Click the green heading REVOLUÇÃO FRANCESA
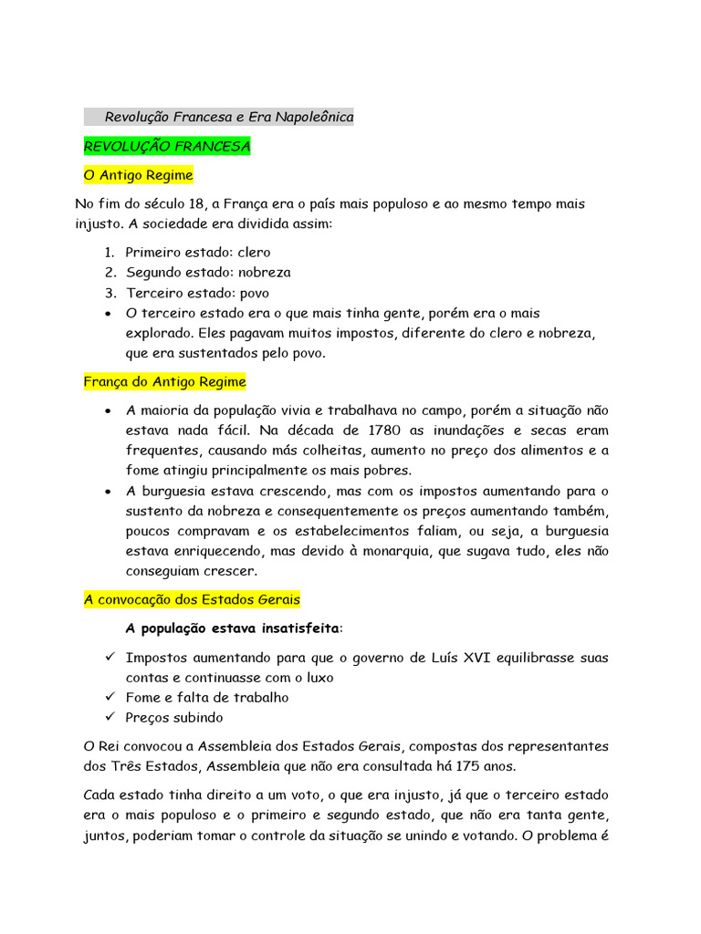(166, 146)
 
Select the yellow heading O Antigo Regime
(138, 174)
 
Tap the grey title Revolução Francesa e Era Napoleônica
(229, 117)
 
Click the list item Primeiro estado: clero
(197, 252)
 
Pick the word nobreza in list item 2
(264, 272)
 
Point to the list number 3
(109, 293)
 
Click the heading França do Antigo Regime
(164, 381)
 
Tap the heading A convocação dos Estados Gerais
(192, 599)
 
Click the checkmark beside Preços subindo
(109, 717)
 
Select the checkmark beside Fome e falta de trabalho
(109, 697)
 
